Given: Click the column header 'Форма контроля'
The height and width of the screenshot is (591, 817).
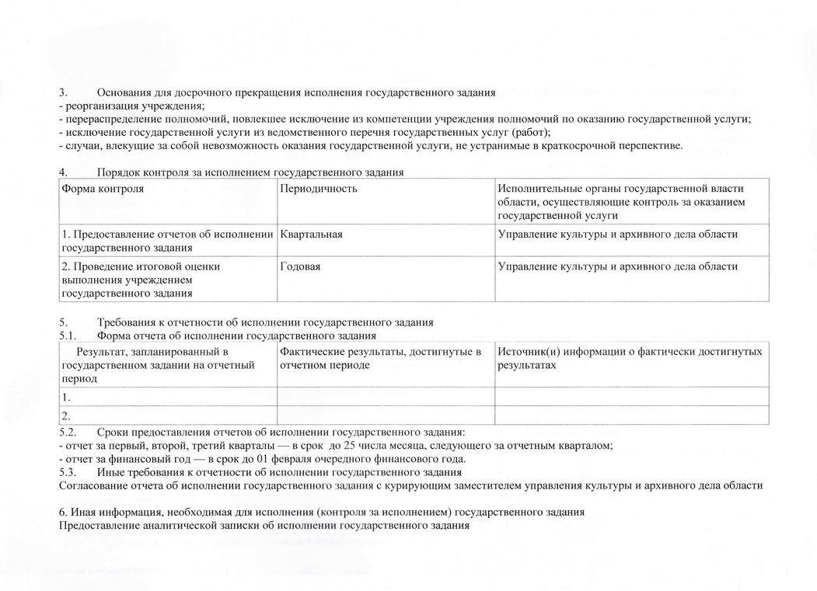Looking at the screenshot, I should [x=102, y=189].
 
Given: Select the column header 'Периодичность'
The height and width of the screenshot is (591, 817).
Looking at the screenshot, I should [x=319, y=189].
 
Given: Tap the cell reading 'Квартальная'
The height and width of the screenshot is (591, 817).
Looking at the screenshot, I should [x=312, y=234].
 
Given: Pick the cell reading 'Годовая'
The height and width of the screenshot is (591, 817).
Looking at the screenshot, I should [x=301, y=266].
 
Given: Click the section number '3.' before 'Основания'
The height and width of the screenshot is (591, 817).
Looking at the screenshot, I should [x=65, y=92].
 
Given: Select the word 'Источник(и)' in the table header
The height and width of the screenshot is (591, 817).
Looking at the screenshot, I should [x=526, y=352].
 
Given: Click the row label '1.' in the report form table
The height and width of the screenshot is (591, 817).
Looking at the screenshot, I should [x=66, y=396].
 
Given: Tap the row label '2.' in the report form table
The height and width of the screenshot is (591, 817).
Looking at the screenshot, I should [x=66, y=415].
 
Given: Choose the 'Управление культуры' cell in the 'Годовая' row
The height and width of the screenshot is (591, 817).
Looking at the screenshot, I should [x=618, y=266].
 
